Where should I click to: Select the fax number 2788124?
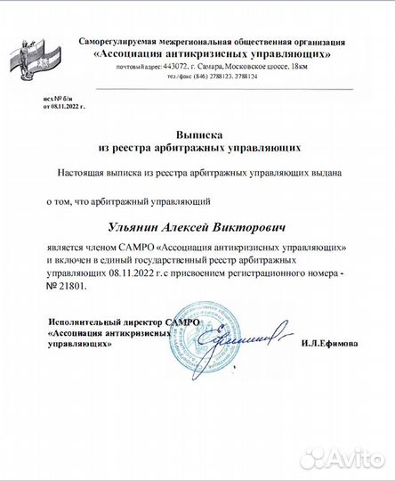tap(246, 77)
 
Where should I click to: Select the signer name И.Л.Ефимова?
tap(330, 343)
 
